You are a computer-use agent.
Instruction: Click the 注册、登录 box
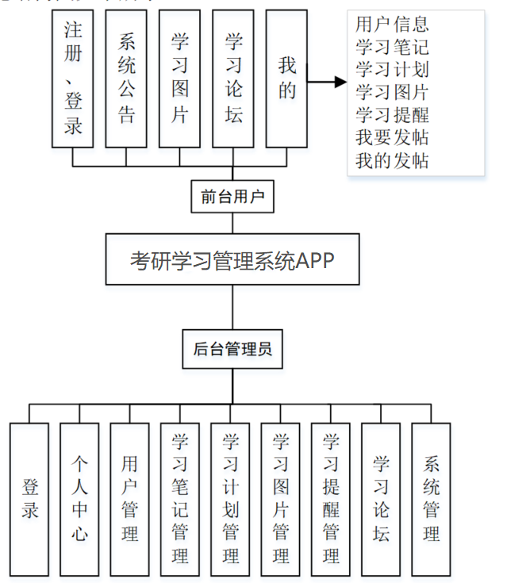tap(72, 79)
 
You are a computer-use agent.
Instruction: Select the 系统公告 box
tap(126, 79)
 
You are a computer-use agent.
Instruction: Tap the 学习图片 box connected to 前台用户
tap(179, 79)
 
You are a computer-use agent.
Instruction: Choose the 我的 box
tap(286, 79)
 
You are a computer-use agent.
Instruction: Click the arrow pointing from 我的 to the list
tap(327, 82)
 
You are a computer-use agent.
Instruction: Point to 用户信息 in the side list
tap(392, 25)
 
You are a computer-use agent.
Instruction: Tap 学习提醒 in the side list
tap(392, 116)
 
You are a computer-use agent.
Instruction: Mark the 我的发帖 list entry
tap(392, 161)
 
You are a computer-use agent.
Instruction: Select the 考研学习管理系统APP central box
tap(233, 259)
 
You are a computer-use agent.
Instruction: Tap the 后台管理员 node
tap(233, 347)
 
